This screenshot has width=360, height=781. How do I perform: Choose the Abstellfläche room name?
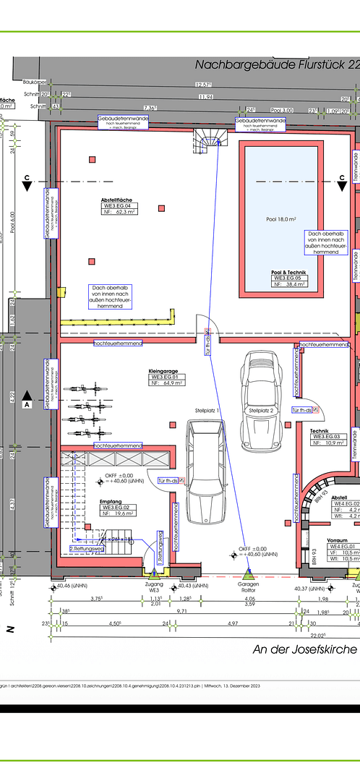pos(120,200)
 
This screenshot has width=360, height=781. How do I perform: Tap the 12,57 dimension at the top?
pos(204,85)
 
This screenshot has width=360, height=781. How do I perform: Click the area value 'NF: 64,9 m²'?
pos(165,384)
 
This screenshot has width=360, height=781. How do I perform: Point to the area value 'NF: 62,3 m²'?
pos(121,213)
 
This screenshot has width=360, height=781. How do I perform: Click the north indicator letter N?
pos(11,630)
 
